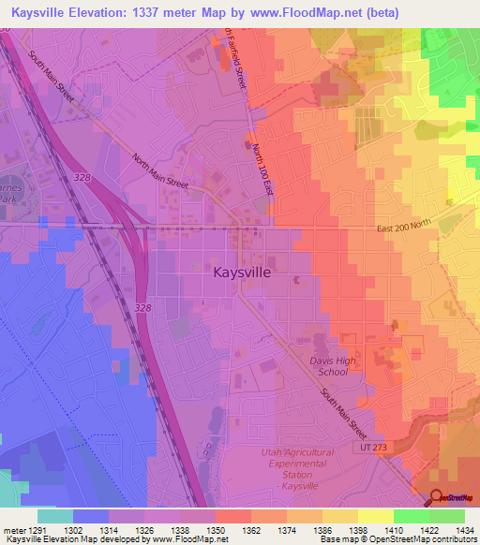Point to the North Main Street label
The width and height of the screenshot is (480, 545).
[x=159, y=171]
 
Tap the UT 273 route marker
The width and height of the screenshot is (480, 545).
[x=371, y=448]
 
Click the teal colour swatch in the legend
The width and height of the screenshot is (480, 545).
[x=54, y=516]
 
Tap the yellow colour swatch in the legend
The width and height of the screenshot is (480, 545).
[x=375, y=516]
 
